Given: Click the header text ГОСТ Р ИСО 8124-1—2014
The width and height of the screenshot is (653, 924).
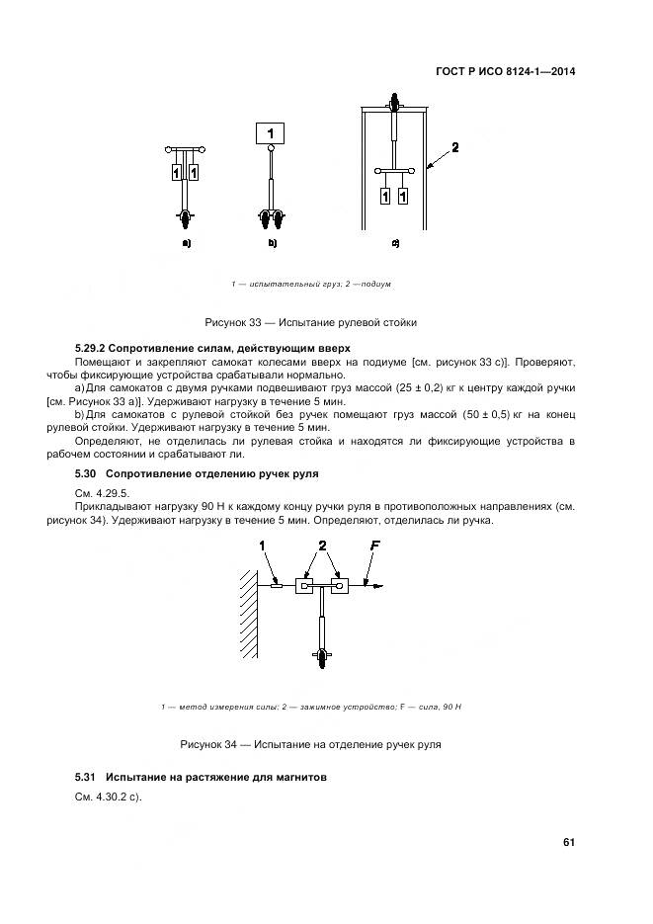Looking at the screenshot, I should (505, 71).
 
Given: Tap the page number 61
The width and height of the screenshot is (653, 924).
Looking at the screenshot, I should (569, 842).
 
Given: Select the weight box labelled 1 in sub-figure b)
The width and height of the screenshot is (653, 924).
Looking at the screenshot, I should (271, 130).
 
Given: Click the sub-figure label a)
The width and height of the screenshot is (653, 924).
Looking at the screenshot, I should (185, 242).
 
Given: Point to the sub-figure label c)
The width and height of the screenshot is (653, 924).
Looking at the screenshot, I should (395, 242).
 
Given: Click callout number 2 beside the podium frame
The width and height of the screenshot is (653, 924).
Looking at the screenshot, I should (455, 147).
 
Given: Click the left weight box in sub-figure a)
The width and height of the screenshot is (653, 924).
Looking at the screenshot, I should (176, 173).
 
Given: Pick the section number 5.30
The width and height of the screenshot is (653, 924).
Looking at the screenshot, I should (87, 474).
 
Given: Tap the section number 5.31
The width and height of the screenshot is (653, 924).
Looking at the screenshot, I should (87, 778).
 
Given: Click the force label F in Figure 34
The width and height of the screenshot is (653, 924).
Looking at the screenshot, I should (374, 546).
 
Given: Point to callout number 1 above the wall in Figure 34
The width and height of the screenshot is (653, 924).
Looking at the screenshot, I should (263, 546).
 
